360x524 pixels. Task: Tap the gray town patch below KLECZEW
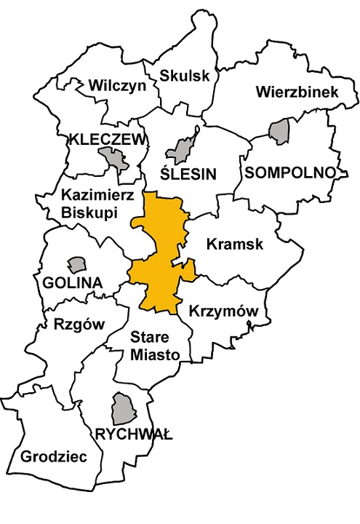(112, 156)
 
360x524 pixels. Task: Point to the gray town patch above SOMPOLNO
(279, 132)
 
